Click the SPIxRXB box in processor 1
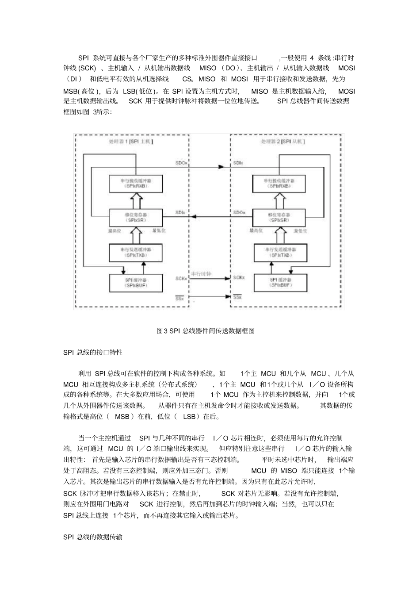click(135, 184)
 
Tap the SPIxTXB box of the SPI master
click(135, 253)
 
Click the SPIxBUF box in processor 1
click(135, 283)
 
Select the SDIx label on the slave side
click(238, 163)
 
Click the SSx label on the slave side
click(237, 297)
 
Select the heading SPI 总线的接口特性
click(93, 353)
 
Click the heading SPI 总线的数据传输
click(93, 537)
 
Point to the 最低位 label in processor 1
click(159, 230)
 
